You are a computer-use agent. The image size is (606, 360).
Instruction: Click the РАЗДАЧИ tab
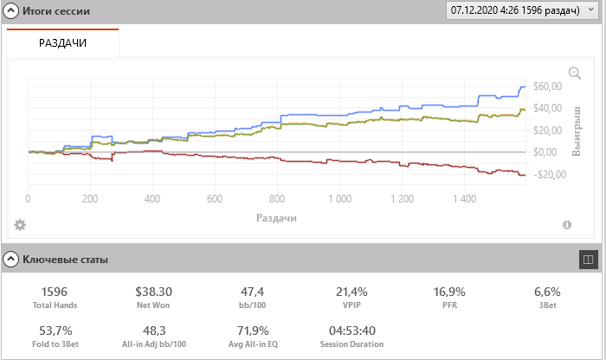62,42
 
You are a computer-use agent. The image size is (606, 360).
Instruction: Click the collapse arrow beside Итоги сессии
11,11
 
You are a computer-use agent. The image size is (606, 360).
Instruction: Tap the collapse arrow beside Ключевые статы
11,259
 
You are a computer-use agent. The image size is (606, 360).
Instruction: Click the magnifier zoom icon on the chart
574,74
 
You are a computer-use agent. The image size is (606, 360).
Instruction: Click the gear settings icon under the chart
20,225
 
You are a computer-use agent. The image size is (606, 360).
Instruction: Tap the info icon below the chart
567,225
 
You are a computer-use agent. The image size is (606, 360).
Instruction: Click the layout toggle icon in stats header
587,259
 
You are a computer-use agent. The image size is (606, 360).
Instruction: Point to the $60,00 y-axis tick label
548,86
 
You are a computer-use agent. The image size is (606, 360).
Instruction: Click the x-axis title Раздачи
276,218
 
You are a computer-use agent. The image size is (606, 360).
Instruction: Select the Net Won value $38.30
155,292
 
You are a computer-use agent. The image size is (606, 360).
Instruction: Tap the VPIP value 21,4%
351,292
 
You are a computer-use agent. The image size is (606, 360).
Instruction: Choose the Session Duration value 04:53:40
351,330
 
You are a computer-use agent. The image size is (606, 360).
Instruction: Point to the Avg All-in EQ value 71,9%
253,330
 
